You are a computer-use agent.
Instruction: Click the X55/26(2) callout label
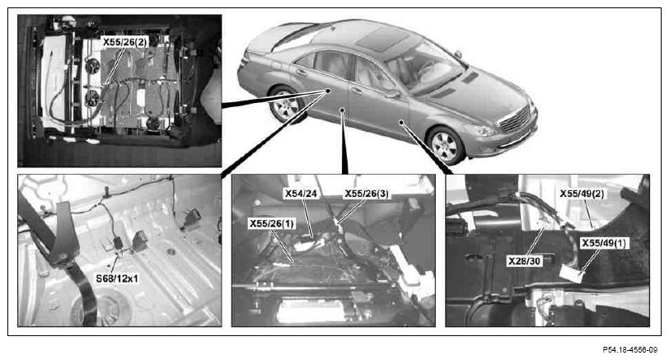(x=124, y=42)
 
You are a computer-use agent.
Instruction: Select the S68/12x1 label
(x=117, y=278)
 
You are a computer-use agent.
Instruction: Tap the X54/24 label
(x=302, y=194)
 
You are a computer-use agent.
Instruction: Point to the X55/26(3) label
(x=367, y=194)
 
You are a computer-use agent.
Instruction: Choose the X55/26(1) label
(x=272, y=223)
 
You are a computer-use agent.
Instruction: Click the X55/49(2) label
(x=582, y=194)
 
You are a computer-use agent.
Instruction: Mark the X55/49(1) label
(x=604, y=243)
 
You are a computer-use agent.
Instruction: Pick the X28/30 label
(x=524, y=261)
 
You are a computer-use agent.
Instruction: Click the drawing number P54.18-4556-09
(x=630, y=350)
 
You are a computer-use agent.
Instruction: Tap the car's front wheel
(x=446, y=145)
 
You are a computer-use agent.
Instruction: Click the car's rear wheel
(x=285, y=105)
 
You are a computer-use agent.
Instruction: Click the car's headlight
(x=480, y=129)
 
